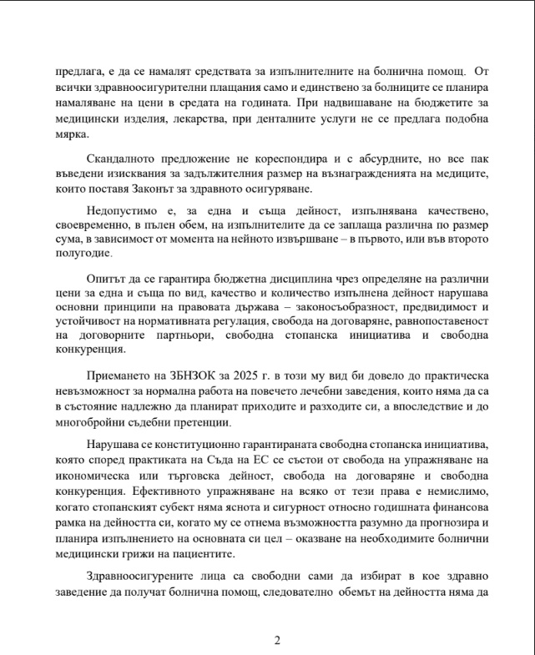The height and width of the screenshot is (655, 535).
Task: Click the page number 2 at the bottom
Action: pyautogui.click(x=277, y=640)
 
